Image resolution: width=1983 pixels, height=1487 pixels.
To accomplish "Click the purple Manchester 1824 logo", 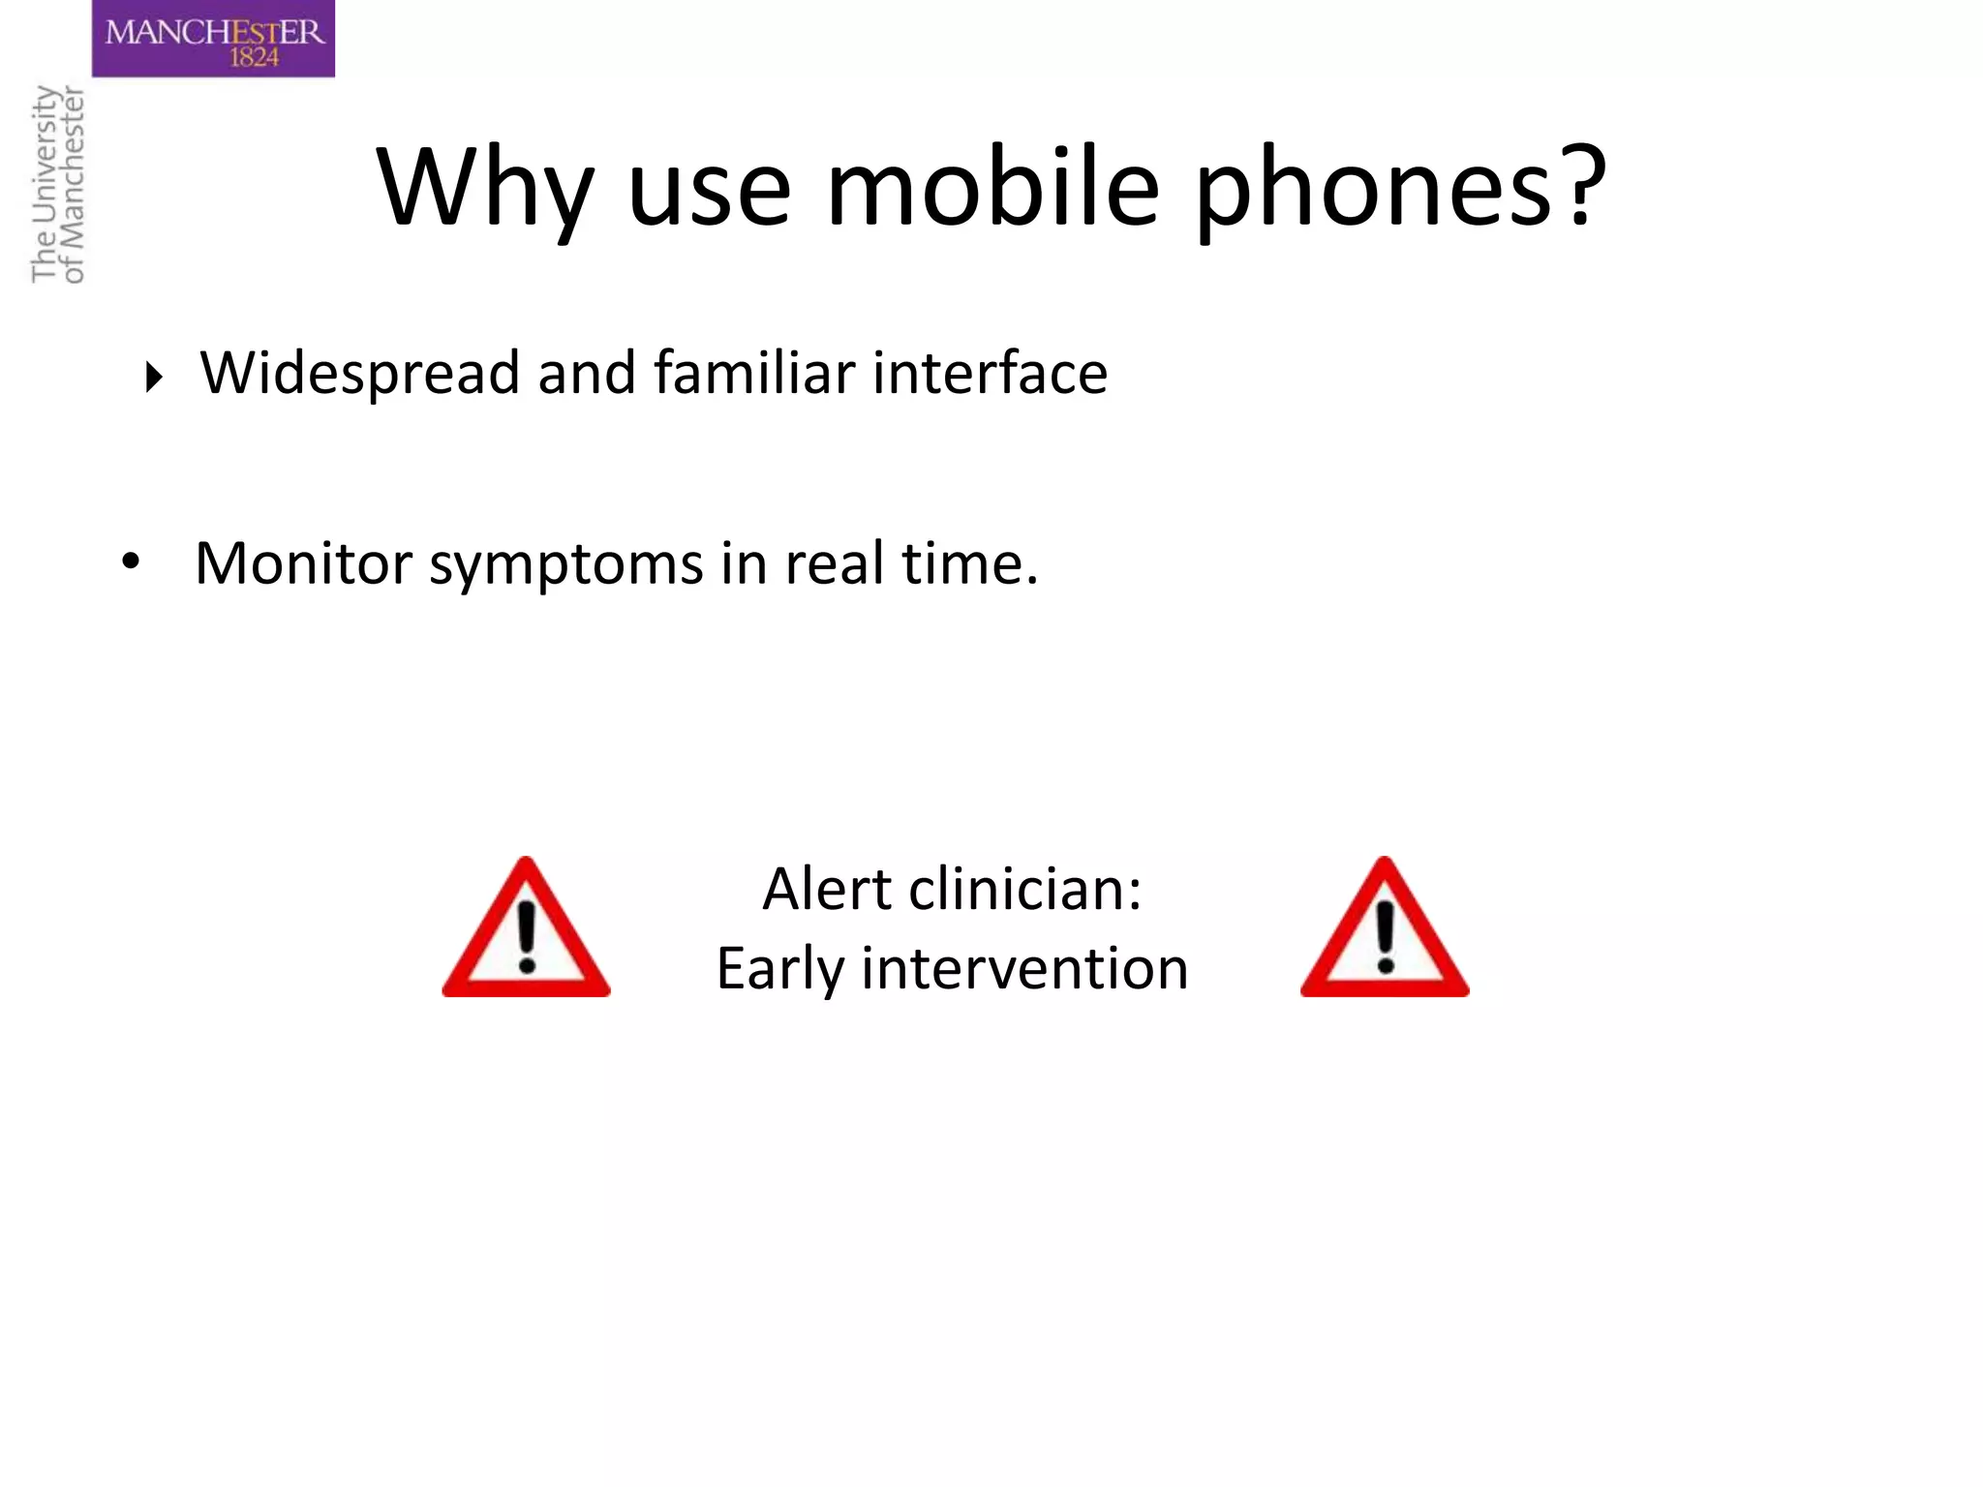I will pos(213,39).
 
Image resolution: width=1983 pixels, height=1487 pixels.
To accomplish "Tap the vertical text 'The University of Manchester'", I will pos(58,184).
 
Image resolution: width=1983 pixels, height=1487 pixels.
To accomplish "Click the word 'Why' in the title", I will pos(484,189).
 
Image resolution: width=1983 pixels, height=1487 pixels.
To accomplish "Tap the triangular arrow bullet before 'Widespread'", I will pos(153,377).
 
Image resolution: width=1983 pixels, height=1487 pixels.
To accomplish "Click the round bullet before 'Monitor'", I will pos(131,561).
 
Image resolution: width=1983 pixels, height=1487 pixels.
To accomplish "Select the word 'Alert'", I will pos(826,889).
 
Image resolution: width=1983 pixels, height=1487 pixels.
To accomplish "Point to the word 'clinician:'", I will pos(1025,889).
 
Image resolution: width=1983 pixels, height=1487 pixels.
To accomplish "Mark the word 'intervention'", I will pos(1024,968).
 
